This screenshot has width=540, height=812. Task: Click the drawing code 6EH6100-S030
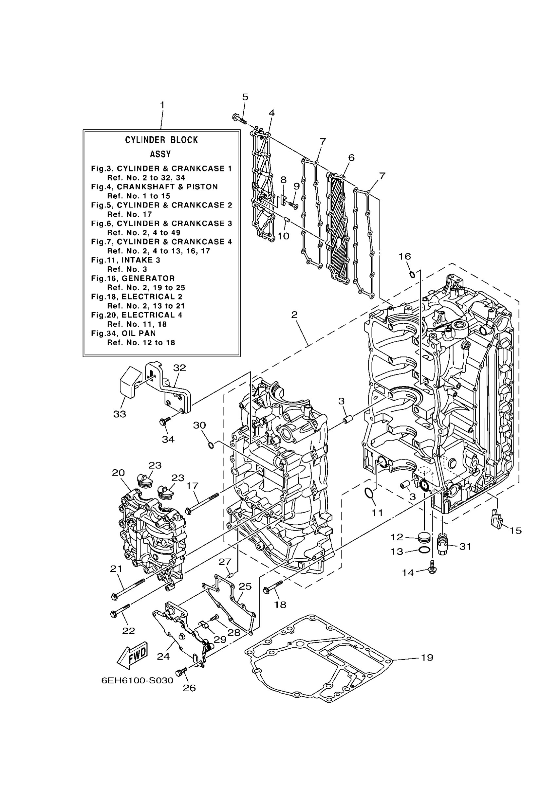(137, 680)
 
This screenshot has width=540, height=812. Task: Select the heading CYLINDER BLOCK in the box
(161, 140)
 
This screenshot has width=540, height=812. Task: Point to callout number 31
(465, 546)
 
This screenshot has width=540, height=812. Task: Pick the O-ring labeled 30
(211, 445)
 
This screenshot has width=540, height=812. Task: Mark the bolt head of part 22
(114, 613)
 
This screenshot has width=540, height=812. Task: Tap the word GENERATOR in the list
(148, 278)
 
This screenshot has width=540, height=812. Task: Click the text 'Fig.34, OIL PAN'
(123, 333)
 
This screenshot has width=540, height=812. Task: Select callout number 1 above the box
(162, 105)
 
